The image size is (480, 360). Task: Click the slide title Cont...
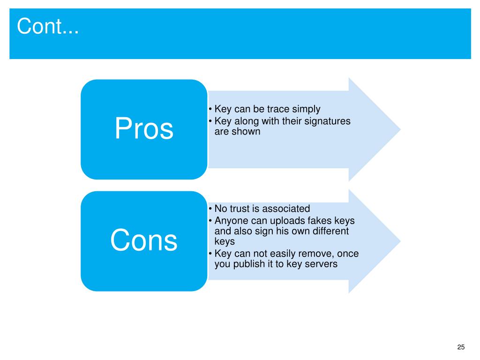[x=48, y=27]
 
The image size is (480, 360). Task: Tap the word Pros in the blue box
[x=144, y=129]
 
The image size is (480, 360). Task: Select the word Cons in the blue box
[x=144, y=240]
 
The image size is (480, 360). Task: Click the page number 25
[x=461, y=347]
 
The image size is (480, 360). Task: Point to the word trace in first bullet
[x=278, y=109]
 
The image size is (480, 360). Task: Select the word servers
[x=321, y=264]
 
